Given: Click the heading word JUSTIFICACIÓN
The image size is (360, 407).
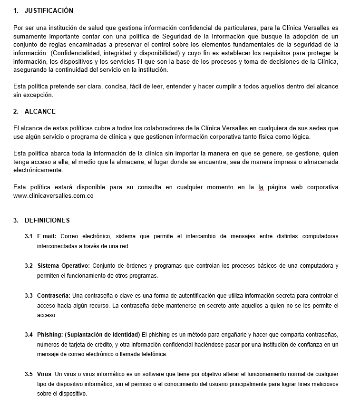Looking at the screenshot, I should (49, 10).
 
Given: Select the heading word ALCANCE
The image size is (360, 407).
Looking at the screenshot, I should (40, 111).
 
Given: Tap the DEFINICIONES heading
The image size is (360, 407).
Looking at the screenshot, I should (47, 220).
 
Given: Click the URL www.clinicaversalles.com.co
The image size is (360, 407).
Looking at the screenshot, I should (53, 195).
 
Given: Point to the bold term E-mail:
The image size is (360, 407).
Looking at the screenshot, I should (47, 236).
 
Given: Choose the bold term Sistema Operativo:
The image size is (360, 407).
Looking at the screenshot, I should (64, 266).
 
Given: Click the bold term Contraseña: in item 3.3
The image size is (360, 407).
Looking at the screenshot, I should (53, 296).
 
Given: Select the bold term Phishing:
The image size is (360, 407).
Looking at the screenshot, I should (49, 335).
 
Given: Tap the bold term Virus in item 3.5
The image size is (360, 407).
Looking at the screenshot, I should (45, 374).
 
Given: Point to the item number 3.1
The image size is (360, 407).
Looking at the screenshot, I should (29, 236).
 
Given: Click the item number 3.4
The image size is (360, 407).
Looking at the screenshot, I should (29, 335).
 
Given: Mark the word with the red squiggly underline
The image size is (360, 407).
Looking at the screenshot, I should (261, 187).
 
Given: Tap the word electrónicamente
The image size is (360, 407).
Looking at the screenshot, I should (38, 170).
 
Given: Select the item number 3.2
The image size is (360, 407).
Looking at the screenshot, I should (29, 266).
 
